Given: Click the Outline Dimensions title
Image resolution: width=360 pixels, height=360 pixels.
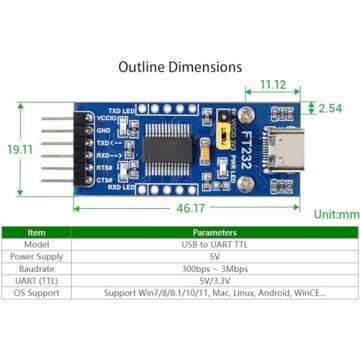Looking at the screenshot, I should (x=180, y=67).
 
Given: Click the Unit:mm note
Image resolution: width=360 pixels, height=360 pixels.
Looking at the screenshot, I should (x=335, y=214).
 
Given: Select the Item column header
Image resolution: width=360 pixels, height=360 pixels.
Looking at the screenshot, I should (x=37, y=232).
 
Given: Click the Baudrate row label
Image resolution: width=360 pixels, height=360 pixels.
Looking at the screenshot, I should (x=37, y=269).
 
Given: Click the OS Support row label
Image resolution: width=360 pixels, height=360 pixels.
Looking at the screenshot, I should (x=37, y=294).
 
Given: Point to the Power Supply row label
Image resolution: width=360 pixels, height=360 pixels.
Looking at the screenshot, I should (x=37, y=256).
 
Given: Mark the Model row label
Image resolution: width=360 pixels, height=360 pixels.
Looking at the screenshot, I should (x=37, y=244).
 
